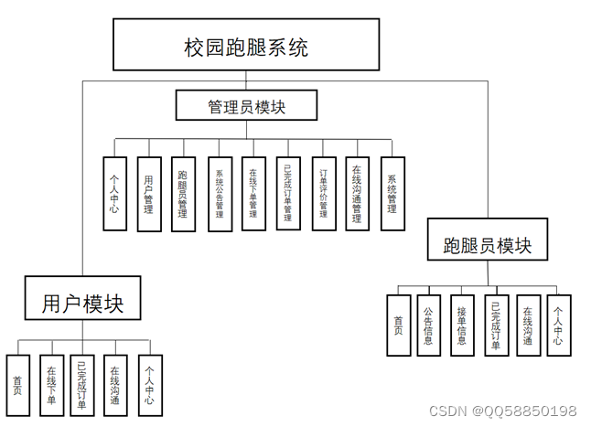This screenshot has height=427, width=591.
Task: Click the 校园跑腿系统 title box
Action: (x=245, y=45)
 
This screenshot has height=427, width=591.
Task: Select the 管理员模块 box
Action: (x=246, y=105)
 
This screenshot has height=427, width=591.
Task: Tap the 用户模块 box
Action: (x=82, y=297)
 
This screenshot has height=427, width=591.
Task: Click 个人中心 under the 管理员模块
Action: (x=114, y=194)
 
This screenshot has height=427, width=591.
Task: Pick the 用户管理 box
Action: (x=149, y=194)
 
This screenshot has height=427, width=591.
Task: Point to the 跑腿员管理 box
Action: (x=183, y=194)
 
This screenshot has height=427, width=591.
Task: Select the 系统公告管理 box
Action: (x=220, y=194)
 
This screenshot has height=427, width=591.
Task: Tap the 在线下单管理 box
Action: (x=253, y=194)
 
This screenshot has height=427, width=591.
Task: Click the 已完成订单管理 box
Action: (x=287, y=194)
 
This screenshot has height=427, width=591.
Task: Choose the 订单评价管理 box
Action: (x=323, y=194)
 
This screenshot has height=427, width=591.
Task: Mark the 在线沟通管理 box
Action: (x=358, y=194)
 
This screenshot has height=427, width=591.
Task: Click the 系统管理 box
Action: (x=392, y=194)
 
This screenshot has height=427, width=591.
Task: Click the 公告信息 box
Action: (x=428, y=325)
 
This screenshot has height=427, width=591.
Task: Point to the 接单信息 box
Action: (x=462, y=325)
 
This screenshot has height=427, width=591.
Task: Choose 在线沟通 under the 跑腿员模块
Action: (x=528, y=325)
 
